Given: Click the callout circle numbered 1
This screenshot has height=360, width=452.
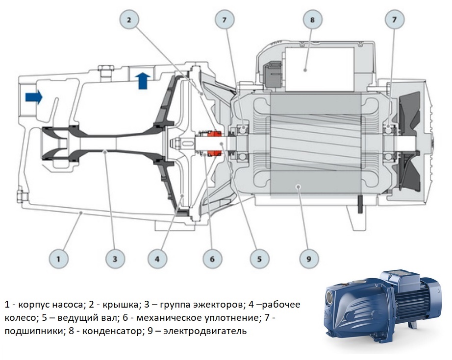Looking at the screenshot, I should (x=59, y=258).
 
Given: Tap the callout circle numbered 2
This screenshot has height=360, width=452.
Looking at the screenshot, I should (x=129, y=20).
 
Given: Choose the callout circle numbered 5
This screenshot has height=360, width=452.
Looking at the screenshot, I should (x=258, y=258).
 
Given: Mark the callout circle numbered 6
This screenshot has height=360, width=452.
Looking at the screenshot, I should (x=212, y=258).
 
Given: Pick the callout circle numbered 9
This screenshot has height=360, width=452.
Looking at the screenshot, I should (x=309, y=258).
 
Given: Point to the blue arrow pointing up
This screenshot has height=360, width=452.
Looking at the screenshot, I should (x=143, y=80).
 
